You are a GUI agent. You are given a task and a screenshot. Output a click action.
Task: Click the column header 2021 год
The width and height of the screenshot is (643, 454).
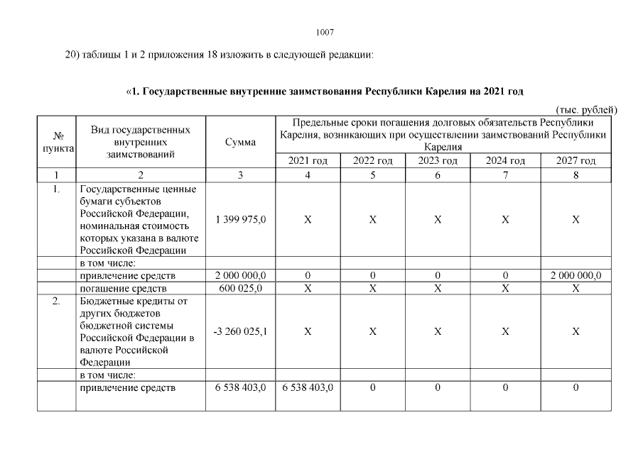coord(308,161)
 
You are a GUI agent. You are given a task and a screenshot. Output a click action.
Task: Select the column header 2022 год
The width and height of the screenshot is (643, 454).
coord(372,161)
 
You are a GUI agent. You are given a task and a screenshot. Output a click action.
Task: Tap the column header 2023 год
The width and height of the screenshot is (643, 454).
coord(438,161)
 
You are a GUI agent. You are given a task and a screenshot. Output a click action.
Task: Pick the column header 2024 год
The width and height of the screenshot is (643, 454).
coord(504,161)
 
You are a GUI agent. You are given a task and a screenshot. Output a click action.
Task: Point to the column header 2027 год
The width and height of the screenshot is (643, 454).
coord(576,161)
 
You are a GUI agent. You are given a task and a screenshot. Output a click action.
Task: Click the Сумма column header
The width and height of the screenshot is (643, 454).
coord(240,142)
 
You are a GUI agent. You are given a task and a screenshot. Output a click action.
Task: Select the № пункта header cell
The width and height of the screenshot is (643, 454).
coord(55,142)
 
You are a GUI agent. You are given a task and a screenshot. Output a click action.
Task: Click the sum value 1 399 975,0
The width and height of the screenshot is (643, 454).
coord(240,220)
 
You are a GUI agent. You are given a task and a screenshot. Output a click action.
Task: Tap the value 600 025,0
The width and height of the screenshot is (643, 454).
coord(240,289)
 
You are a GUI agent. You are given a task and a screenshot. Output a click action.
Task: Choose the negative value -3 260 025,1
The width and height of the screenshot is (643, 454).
coord(240,331)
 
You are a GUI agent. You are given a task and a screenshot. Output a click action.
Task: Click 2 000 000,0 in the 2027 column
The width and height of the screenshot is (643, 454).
coord(576,275)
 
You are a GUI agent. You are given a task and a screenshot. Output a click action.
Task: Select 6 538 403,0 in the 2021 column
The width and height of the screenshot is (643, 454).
coord(308,388)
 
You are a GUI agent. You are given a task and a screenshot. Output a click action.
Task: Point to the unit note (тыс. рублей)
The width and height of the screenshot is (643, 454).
coord(586,110)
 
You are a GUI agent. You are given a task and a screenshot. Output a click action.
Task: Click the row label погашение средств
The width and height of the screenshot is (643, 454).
coord(123,289)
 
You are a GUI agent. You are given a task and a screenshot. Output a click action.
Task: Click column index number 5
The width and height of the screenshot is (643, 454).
coord(372,175)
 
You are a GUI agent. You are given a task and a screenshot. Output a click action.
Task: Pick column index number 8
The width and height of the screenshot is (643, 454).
coord(576,175)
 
